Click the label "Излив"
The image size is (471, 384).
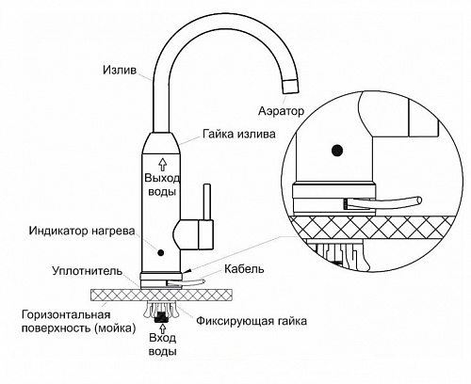[x=119, y=70]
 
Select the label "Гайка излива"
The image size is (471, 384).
[x=239, y=134]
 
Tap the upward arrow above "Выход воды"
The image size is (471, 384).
[x=161, y=161]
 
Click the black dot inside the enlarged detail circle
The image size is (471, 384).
[x=335, y=148]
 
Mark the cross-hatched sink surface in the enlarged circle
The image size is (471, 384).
[x=377, y=224]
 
